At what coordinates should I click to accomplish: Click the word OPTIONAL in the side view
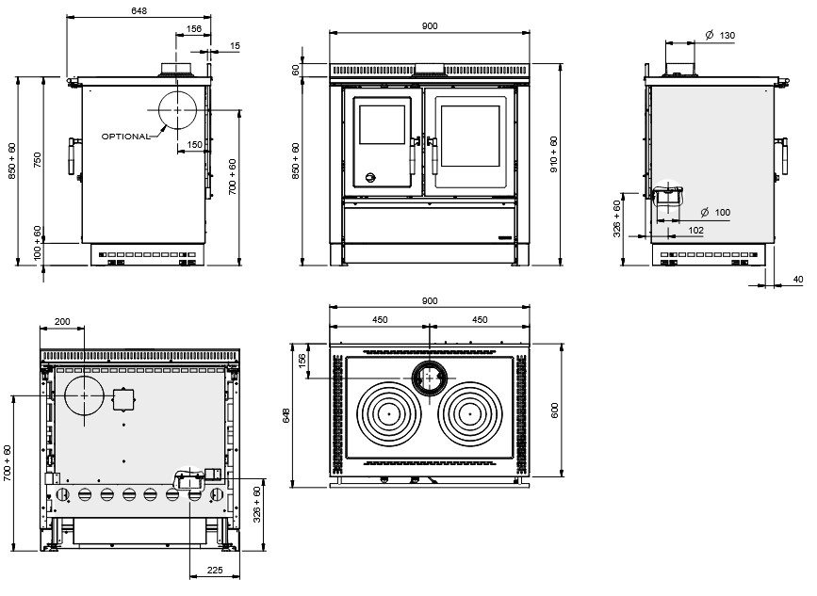coord(125,137)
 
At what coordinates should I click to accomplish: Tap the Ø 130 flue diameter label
coord(720,36)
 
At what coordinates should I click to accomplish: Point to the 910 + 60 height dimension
coord(554,154)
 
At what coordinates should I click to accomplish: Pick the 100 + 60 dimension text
coord(38,242)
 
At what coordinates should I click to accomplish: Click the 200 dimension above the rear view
coord(62,322)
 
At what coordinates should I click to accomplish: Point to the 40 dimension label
coord(798,279)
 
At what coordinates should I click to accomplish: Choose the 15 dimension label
coord(234,45)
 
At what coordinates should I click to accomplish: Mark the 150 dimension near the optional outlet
coord(194,145)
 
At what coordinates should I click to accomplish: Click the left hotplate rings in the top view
coord(387,413)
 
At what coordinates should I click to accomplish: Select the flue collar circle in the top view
coord(429,378)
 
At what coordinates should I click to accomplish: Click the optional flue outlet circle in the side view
coord(175,110)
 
